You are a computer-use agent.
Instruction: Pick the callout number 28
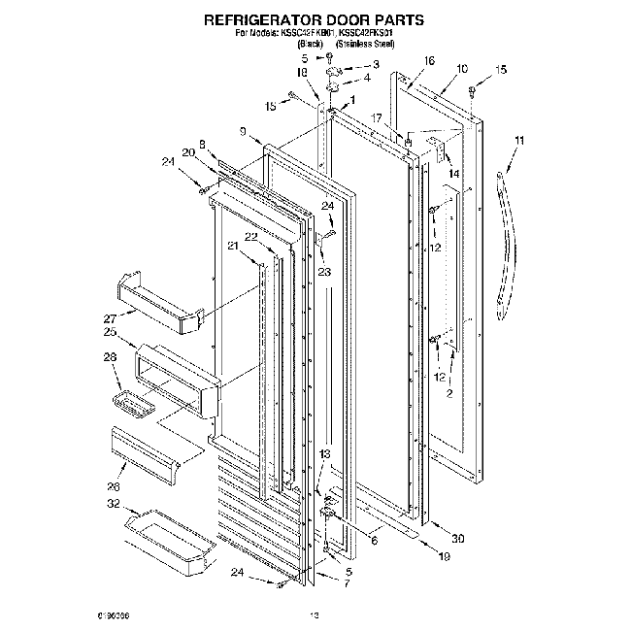point(110,358)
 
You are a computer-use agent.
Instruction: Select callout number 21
point(232,246)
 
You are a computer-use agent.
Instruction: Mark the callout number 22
point(250,237)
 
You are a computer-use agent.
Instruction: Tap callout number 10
point(460,69)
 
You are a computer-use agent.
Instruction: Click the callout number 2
point(448,394)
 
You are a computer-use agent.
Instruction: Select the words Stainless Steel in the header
point(364,44)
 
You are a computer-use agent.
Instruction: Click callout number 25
point(110,331)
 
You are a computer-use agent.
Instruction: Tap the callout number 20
point(187,152)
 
